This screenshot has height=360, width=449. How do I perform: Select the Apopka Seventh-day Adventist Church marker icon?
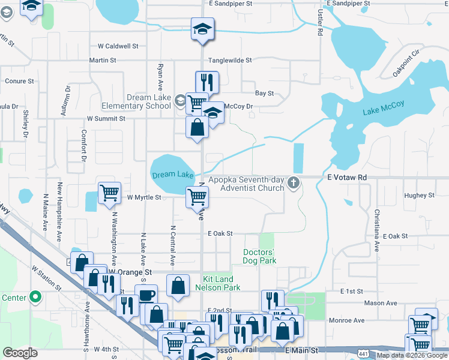click(x=294, y=182)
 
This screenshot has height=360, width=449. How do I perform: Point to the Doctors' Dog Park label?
click(x=259, y=256)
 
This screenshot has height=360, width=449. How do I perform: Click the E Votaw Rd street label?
click(x=347, y=178)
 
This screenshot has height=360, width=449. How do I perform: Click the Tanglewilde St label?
click(x=229, y=60)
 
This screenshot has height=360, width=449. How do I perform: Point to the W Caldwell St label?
click(x=118, y=46)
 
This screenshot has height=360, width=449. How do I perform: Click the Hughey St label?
click(x=419, y=196)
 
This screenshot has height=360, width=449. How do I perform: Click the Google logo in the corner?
click(x=20, y=353)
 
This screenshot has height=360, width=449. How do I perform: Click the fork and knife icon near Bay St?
click(x=207, y=82)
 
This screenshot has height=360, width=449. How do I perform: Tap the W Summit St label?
click(x=106, y=119)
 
